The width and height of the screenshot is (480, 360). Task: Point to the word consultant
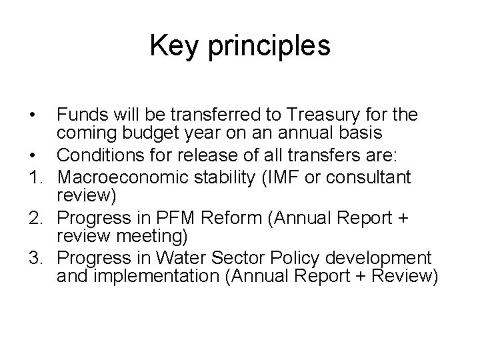[373, 178]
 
